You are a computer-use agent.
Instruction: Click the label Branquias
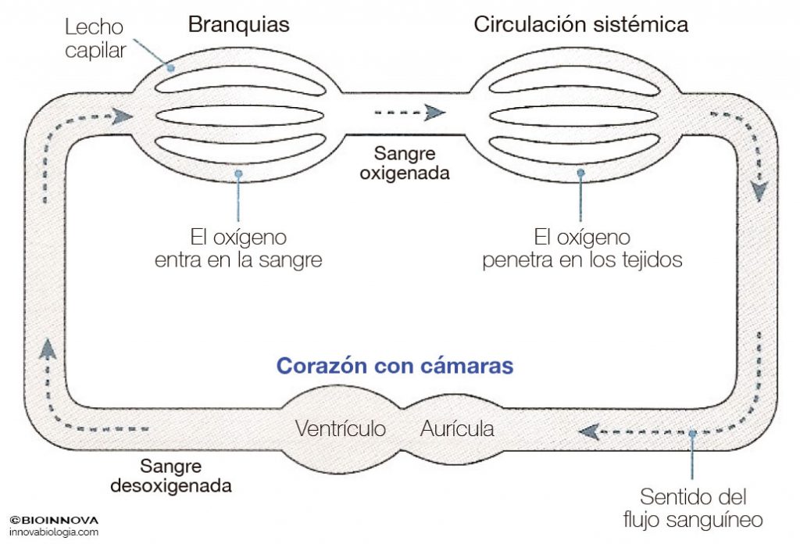coord(238,25)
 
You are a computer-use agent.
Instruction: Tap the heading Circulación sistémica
coord(580,25)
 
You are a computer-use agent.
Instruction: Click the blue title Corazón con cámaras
coord(395,366)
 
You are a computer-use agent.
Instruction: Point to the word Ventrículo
coord(341,428)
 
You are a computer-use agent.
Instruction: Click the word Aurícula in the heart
coord(457,428)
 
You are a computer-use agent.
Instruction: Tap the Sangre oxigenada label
coord(404,163)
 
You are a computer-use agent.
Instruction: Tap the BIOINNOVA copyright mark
coord(55,519)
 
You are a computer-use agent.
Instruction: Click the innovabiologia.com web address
coord(54,532)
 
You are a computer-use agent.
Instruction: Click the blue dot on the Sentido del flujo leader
coord(691,432)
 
